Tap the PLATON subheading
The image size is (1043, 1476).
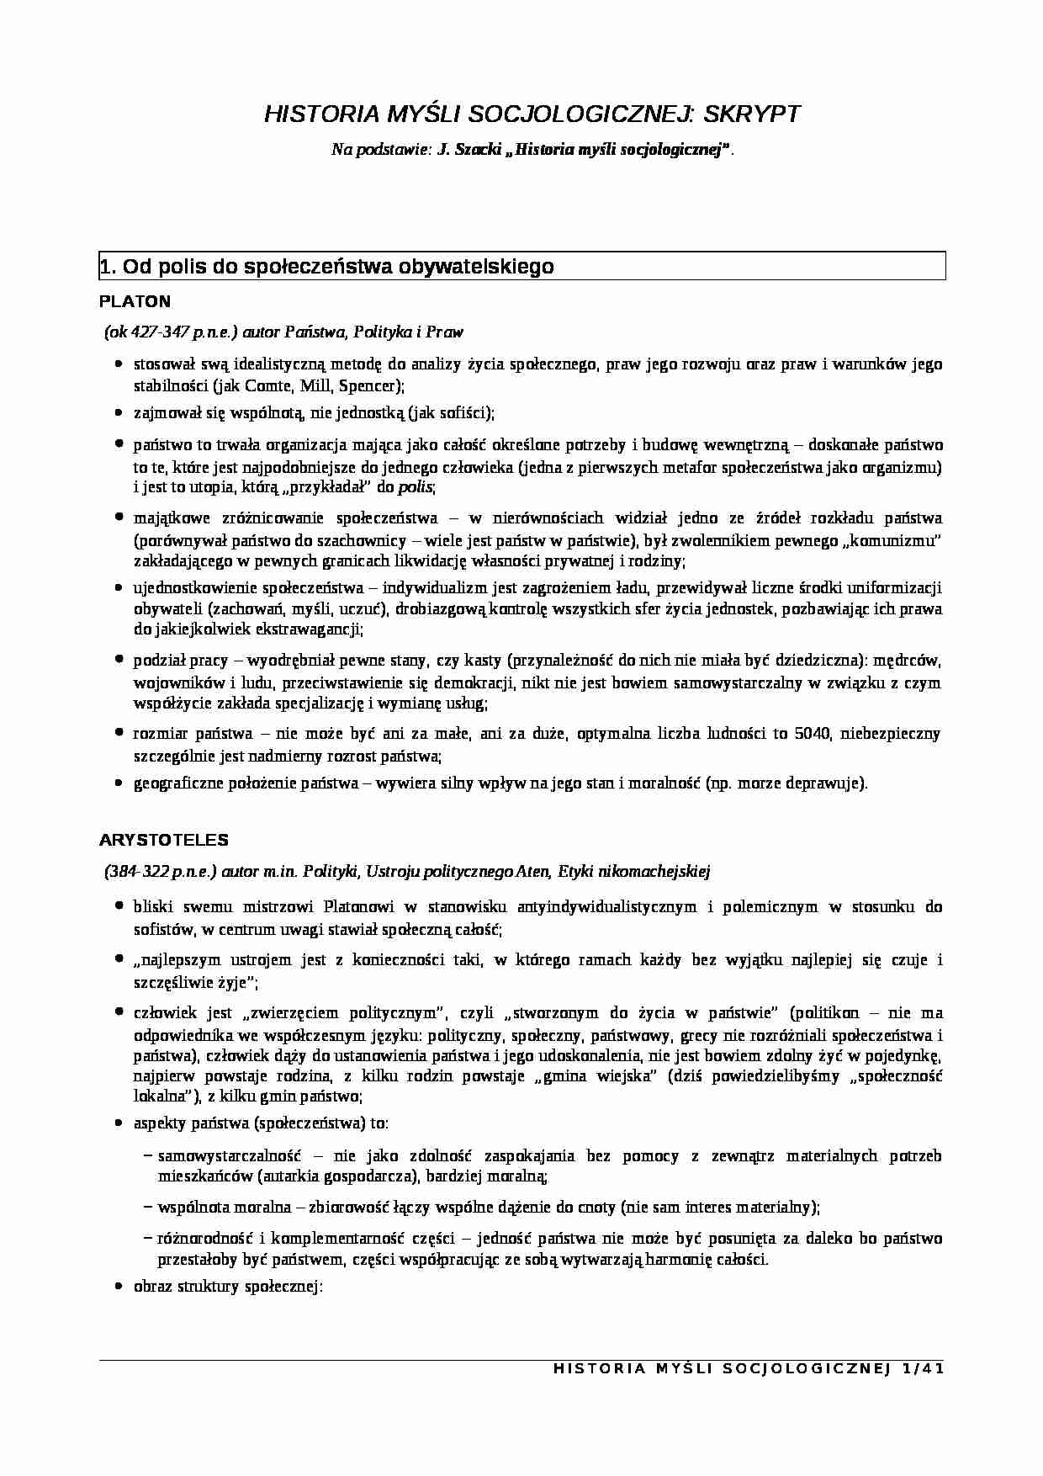click(x=135, y=301)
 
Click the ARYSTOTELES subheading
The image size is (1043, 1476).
click(x=163, y=840)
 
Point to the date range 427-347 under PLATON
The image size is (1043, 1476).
click(x=159, y=332)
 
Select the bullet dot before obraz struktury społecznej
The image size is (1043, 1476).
click(x=119, y=1288)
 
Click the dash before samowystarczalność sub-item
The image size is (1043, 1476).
click(x=148, y=1156)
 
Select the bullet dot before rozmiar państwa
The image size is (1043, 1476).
click(x=119, y=734)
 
